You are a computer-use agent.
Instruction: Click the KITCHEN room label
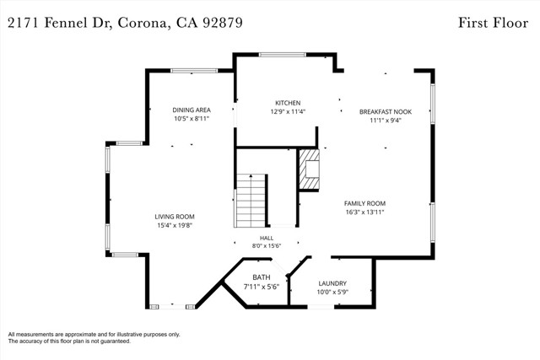point(288,103)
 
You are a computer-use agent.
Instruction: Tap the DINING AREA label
point(192,110)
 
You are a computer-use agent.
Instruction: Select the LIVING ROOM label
point(175,217)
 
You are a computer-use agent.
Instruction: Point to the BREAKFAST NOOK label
point(386,112)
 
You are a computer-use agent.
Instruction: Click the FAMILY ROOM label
point(364,203)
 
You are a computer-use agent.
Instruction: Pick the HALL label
point(267,238)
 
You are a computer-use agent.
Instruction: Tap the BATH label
point(262,277)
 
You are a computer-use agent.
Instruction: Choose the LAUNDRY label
point(332,283)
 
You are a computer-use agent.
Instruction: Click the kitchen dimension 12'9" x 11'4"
point(288,111)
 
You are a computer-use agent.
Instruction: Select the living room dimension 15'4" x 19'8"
point(175,225)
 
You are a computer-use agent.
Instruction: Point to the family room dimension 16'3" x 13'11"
point(364,212)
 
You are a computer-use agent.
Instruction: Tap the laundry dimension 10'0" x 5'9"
point(332,293)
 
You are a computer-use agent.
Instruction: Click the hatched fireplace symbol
point(309,169)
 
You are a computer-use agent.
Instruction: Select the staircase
point(251,201)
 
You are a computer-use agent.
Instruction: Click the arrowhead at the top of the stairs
point(251,176)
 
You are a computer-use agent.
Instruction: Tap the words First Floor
point(493,23)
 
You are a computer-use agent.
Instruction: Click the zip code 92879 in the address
point(223,23)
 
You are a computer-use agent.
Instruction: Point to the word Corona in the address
point(143,24)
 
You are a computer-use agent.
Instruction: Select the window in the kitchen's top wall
point(283,54)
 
